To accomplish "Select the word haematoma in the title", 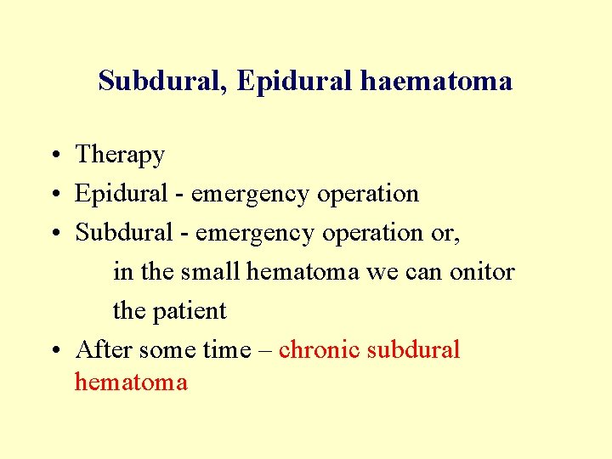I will pos(436,81).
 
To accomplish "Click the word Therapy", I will pos(120,156).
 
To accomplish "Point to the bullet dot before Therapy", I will pos(53,156).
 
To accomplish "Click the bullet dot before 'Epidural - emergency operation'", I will pos(53,195).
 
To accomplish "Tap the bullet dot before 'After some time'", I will pos(53,351).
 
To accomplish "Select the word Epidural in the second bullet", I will pos(122,194).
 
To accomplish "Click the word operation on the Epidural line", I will pos(368,194).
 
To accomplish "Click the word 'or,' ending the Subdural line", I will pos(446,233).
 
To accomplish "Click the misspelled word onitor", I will pos(483,272).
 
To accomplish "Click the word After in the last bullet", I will pos(105,350).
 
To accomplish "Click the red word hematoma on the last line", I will pos(131,382).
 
